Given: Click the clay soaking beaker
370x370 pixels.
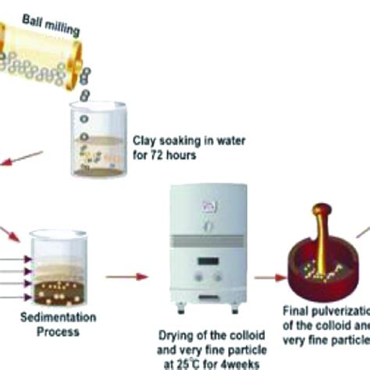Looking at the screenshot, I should (x=101, y=141).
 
